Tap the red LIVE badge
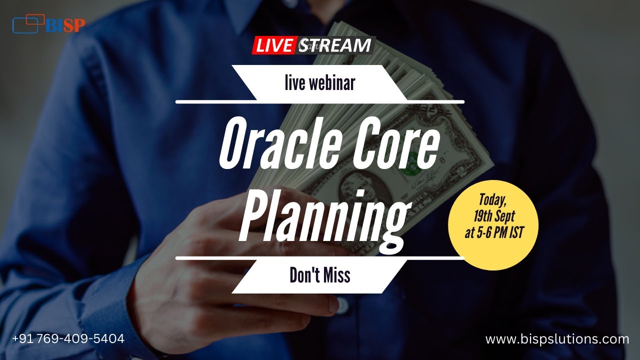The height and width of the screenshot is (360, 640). pyautogui.click(x=274, y=46)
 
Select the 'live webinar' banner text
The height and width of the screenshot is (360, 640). pyautogui.click(x=320, y=83)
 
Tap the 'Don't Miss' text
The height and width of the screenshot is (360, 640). pyautogui.click(x=320, y=275)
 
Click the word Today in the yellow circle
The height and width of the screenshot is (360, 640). pyautogui.click(x=493, y=199)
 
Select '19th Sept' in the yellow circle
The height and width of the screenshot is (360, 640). pyautogui.click(x=493, y=216)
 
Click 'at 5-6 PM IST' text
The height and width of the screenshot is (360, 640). pyautogui.click(x=493, y=233)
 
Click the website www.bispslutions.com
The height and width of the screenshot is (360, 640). pyautogui.click(x=557, y=339)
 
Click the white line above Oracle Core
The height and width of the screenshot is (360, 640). pyautogui.click(x=320, y=102)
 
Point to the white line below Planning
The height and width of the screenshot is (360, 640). pyautogui.click(x=320, y=258)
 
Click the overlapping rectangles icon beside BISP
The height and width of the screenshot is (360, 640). pyautogui.click(x=28, y=24)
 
